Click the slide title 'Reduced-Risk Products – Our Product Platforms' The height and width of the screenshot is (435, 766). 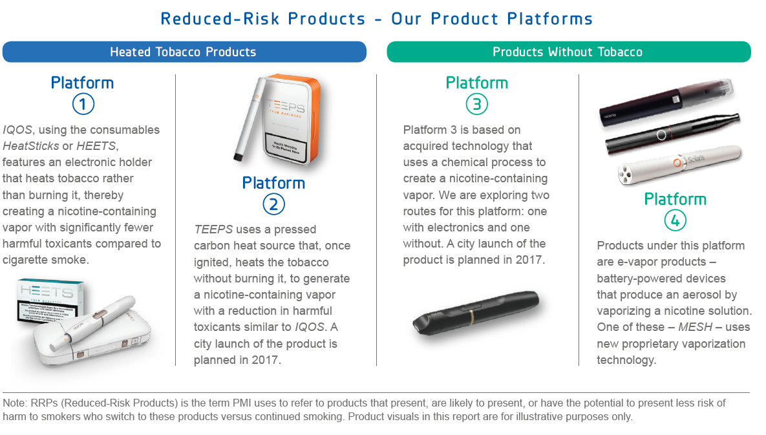tap(376, 19)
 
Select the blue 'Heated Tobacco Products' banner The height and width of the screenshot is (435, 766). tap(184, 52)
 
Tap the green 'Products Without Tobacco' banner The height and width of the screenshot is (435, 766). tap(569, 52)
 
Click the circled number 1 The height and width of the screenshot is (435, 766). tap(83, 104)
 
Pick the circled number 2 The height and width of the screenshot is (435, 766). tap(273, 204)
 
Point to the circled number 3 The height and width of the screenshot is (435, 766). tap(477, 104)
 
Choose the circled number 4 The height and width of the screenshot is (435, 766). tap(675, 220)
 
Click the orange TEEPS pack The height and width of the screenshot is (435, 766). tap(292, 120)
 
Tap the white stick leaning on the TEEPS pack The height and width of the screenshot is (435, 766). tap(250, 119)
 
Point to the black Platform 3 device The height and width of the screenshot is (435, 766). tap(476, 312)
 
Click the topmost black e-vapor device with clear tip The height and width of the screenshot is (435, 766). tap(666, 101)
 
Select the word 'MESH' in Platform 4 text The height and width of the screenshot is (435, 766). tap(695, 327)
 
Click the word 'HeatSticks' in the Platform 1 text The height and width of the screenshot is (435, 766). tap(31, 146)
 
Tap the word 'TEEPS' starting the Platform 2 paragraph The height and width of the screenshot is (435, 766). tap(213, 229)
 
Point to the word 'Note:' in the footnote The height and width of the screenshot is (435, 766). tap(15, 403)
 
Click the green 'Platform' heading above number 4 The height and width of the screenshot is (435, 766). tap(675, 199)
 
